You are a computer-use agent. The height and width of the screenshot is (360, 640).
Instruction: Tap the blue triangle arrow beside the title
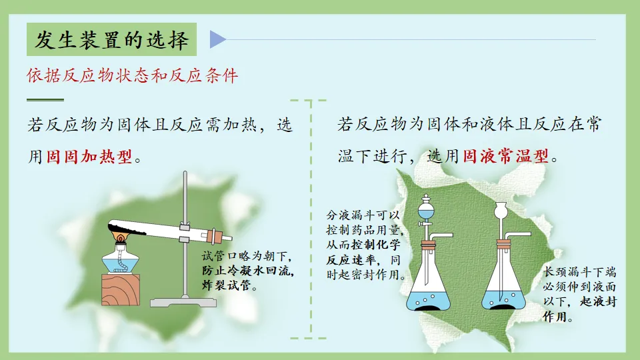point(217,39)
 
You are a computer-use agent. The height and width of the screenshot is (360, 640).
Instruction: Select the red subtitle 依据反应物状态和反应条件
point(132,75)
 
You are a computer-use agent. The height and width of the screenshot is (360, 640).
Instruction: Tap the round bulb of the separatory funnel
point(426,212)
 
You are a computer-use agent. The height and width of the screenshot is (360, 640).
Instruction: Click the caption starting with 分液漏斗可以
point(365,245)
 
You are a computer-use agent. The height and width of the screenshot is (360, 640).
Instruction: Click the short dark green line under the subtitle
point(45,100)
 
